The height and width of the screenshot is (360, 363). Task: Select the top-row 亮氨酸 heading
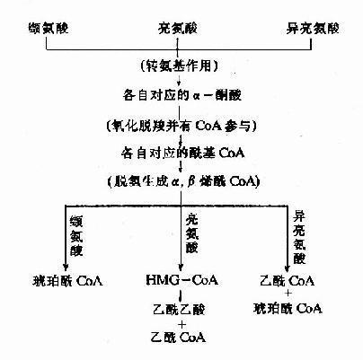181,17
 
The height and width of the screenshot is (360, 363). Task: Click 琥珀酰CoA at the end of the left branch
66,281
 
